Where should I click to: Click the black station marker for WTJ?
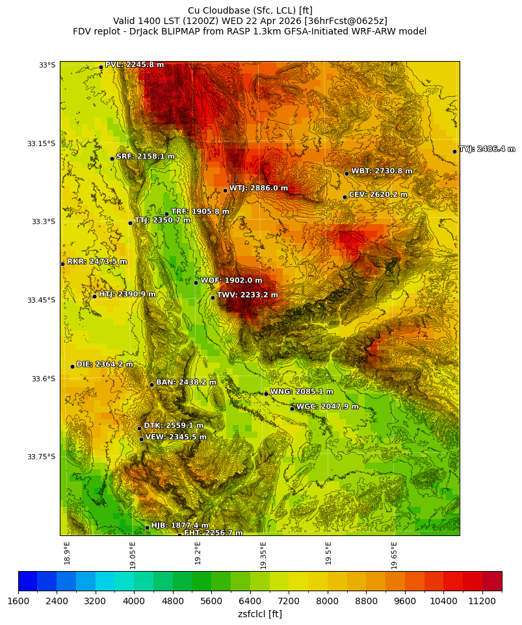click(x=225, y=190)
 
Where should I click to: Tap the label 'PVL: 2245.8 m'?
click(x=135, y=65)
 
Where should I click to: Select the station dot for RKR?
click(x=62, y=264)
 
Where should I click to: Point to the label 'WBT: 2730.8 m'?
click(x=382, y=172)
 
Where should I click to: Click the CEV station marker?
click(x=345, y=197)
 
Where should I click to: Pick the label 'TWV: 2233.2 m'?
click(x=247, y=295)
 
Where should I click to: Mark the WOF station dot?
click(x=196, y=283)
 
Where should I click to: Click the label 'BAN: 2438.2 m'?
click(x=186, y=383)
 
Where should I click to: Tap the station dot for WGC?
click(x=292, y=409)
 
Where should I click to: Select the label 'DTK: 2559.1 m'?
click(x=174, y=426)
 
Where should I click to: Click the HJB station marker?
click(x=147, y=528)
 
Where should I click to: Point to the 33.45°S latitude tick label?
click(x=41, y=300)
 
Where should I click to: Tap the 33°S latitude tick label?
click(x=47, y=65)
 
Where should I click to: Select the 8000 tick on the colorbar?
click(x=327, y=602)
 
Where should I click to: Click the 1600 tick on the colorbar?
click(x=18, y=602)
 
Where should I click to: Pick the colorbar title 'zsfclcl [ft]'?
click(x=260, y=614)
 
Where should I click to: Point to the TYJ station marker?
click(x=454, y=151)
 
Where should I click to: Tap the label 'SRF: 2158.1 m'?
click(x=146, y=157)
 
